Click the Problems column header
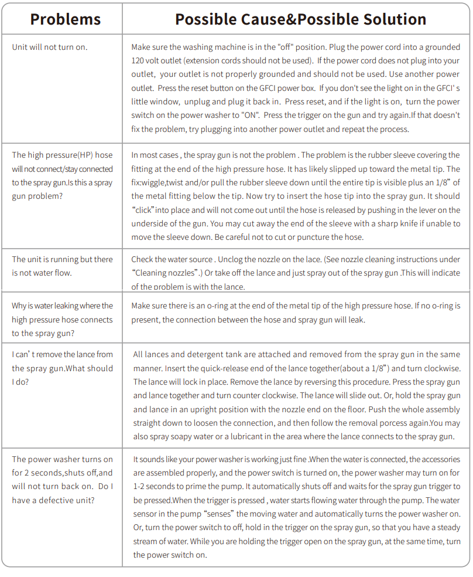tap(65, 19)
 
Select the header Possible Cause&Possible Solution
tap(300, 19)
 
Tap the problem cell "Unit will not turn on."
tap(50, 47)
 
